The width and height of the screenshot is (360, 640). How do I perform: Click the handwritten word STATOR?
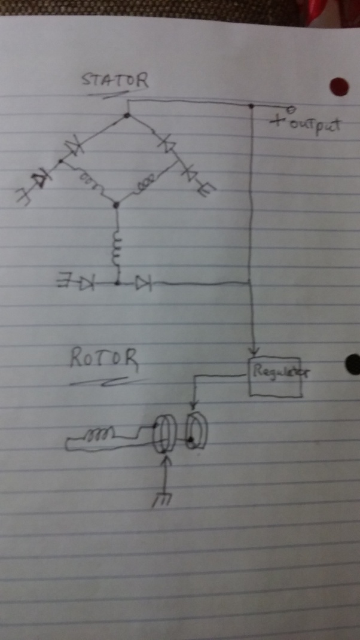point(115,81)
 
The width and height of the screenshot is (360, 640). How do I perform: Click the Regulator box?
point(275,377)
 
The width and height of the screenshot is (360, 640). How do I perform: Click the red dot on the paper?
point(339,87)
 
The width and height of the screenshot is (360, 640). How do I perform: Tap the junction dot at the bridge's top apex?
point(127,115)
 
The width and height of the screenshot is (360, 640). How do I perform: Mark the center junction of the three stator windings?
point(117,205)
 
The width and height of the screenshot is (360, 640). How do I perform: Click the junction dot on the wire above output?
point(252,106)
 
